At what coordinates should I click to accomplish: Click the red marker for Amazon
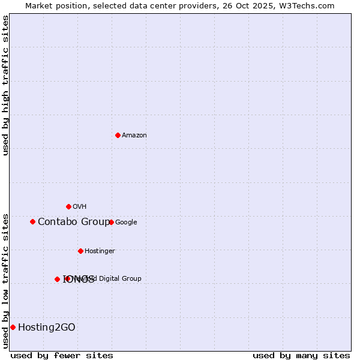coord(118,135)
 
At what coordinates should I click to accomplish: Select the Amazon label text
coord(134,136)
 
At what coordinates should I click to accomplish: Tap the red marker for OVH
coord(68,206)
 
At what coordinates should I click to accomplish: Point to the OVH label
coord(80,207)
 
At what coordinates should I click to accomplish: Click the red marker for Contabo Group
coord(32,221)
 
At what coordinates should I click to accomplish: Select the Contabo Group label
coord(74,222)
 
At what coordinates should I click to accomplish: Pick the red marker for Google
coord(111,222)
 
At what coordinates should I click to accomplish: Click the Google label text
coord(126,223)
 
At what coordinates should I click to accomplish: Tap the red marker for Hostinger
coord(80,251)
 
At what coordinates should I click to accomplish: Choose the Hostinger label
coord(100,251)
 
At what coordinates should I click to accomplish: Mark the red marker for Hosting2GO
coord(13,327)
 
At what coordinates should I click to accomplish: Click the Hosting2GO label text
coord(47,328)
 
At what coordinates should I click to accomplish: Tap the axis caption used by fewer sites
coord(62,355)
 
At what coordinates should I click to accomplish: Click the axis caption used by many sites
coord(301,355)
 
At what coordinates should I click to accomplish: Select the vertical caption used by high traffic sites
coord(6,85)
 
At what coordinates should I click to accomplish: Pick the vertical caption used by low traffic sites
coord(6,281)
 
